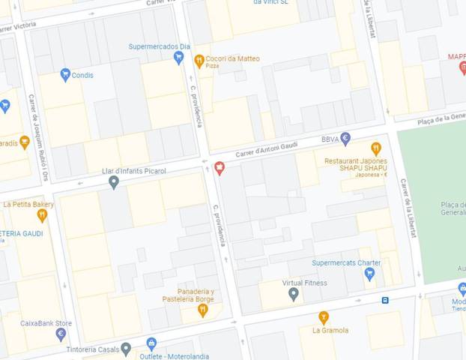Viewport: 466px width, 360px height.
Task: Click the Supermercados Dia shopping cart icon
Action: click(x=178, y=58)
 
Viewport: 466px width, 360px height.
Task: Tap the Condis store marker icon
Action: click(x=65, y=74)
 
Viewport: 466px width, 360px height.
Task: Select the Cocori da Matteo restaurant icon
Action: click(x=199, y=61)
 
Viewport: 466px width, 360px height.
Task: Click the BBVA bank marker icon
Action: click(x=345, y=138)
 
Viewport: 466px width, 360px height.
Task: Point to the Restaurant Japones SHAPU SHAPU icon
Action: click(x=376, y=148)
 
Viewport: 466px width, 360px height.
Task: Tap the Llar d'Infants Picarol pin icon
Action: click(x=113, y=181)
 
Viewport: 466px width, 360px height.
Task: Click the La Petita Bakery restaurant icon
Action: click(x=42, y=216)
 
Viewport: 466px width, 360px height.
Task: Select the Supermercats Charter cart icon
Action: click(x=369, y=274)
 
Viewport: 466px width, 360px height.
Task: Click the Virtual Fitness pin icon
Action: click(x=294, y=294)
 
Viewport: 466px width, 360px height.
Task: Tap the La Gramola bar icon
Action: click(x=324, y=317)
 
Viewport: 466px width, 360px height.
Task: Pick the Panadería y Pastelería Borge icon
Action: click(x=202, y=309)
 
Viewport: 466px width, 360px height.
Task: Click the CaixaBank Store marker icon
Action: click(x=61, y=334)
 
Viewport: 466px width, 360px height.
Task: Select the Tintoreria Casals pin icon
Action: click(x=126, y=349)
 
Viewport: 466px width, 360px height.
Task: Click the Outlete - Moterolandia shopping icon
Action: click(x=152, y=344)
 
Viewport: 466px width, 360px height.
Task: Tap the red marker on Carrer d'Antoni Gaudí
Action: click(x=220, y=167)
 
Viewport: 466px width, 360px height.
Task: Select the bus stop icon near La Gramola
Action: click(x=385, y=300)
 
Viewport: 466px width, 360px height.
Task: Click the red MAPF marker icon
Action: click(x=463, y=68)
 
